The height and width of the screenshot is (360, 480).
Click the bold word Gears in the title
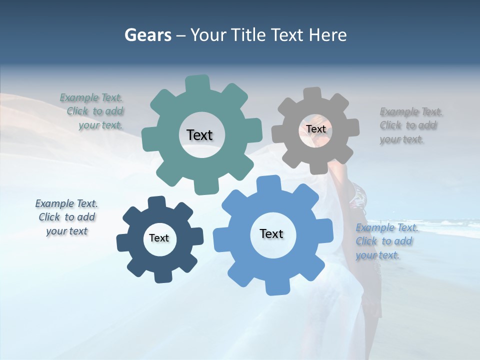tap(147, 35)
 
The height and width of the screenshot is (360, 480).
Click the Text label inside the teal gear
tap(199, 135)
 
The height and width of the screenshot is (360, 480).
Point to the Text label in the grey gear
tap(315, 129)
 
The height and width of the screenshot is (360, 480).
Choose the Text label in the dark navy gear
tap(159, 238)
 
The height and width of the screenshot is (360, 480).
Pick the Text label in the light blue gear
tap(271, 233)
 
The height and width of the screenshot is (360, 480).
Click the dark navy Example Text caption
tap(67, 217)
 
